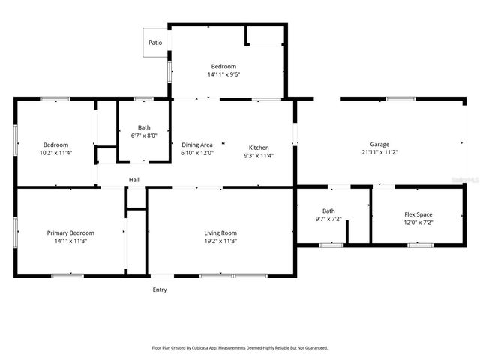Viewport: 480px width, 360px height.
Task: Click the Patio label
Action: (x=155, y=43)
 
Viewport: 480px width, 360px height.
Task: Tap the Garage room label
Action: (x=379, y=145)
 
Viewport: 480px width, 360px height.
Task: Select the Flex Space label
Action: (x=418, y=214)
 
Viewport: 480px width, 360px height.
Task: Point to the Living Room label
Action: (x=220, y=233)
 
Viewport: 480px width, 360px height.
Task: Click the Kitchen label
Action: (x=259, y=148)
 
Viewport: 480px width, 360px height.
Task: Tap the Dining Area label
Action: (x=197, y=145)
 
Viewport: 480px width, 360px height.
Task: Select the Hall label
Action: (x=134, y=180)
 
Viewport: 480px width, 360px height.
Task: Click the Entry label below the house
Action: (x=160, y=289)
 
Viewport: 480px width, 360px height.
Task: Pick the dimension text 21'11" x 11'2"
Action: (x=379, y=153)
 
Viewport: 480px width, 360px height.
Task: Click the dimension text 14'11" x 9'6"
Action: (x=223, y=74)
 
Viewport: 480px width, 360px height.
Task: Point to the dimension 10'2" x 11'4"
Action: (x=55, y=153)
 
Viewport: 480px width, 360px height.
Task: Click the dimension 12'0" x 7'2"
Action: (x=418, y=222)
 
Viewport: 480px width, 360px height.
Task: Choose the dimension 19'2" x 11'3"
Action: (x=220, y=241)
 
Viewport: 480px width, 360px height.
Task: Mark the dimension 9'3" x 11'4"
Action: (x=259, y=156)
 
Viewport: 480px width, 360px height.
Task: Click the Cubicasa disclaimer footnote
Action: (x=240, y=348)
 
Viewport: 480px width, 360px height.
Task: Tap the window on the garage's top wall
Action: (x=401, y=98)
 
